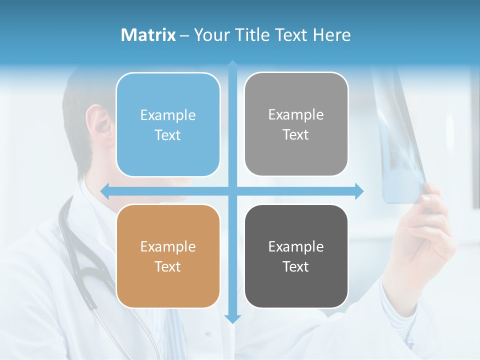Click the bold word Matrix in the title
(x=148, y=35)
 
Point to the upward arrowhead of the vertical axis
(x=232, y=64)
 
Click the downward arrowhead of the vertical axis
(x=232, y=318)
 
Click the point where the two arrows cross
(x=232, y=191)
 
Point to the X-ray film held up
(x=400, y=145)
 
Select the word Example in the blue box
(x=168, y=115)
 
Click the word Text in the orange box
(x=168, y=266)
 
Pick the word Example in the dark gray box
(x=296, y=246)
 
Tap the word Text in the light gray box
(x=296, y=135)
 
